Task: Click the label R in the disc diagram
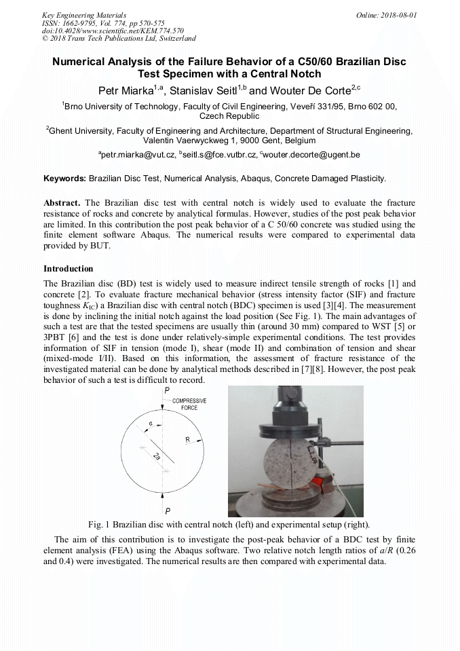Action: tap(188, 439)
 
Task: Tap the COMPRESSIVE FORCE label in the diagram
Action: tap(189, 405)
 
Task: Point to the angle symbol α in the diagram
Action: tap(151, 424)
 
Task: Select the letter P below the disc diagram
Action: tap(167, 510)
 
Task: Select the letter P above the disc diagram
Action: tap(167, 391)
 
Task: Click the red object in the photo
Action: tap(318, 483)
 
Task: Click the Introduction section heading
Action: tap(68, 269)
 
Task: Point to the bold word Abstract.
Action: tap(62, 203)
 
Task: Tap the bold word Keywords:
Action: tap(64, 179)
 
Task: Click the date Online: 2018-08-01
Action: tap(387, 14)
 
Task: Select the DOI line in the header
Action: tap(113, 31)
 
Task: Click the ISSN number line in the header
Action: tap(103, 22)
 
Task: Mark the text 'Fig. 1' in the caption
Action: tap(99, 525)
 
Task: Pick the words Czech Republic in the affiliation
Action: tap(230, 116)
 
